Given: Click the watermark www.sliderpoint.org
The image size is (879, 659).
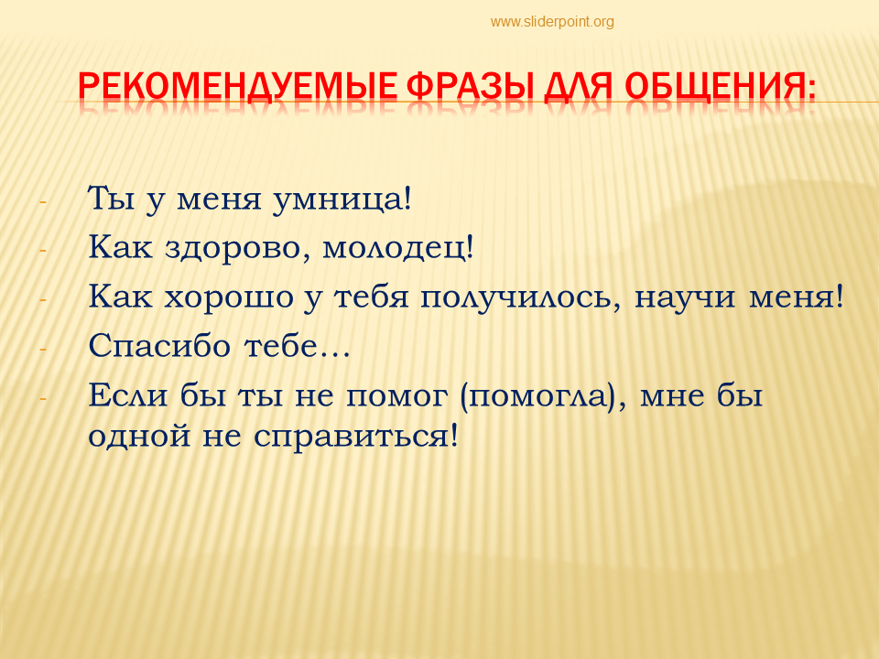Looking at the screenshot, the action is click(x=552, y=22).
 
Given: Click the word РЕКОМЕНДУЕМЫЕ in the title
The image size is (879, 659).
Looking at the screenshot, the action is click(x=238, y=86).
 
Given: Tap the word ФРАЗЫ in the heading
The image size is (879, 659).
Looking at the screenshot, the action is click(x=470, y=86).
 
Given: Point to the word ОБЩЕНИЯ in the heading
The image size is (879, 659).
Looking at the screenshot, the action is click(x=720, y=87).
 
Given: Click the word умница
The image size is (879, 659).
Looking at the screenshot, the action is click(x=342, y=200).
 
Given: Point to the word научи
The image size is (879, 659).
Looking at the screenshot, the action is click(x=685, y=297).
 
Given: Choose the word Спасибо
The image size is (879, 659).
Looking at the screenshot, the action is click(x=159, y=345).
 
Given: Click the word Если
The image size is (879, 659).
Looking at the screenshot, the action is click(x=128, y=395).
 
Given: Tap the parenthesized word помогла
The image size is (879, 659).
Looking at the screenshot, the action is click(x=537, y=396).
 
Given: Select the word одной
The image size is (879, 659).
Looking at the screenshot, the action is click(x=139, y=436).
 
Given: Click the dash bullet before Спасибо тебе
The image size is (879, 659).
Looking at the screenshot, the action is click(x=43, y=349).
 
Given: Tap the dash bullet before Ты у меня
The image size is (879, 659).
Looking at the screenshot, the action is click(x=43, y=201).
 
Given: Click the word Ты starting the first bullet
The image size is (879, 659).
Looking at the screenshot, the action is click(x=112, y=199).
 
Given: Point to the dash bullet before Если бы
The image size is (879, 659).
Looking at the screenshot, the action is click(x=43, y=398).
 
